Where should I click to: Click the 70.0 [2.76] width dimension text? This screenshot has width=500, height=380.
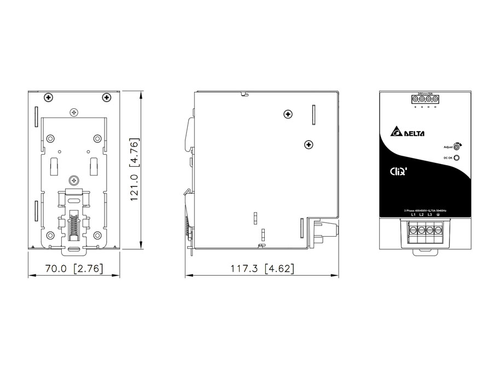74,269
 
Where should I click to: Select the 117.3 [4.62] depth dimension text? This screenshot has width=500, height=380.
262,269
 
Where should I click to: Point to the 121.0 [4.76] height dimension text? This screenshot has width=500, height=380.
135,170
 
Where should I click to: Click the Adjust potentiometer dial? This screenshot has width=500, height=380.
457,148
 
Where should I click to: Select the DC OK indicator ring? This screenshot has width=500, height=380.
457,158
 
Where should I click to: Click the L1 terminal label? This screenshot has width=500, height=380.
414,215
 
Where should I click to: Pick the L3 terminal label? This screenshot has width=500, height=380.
430,215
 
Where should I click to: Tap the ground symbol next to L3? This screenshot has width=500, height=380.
439,215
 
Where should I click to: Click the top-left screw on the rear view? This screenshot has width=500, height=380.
49,97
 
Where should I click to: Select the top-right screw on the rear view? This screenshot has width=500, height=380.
106,97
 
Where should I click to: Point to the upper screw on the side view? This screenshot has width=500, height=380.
288,114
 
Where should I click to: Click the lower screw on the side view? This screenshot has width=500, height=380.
309,144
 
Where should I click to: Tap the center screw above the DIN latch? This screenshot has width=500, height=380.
74,179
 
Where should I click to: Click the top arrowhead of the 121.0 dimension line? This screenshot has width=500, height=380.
141,95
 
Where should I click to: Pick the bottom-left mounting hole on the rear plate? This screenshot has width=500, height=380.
51,236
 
